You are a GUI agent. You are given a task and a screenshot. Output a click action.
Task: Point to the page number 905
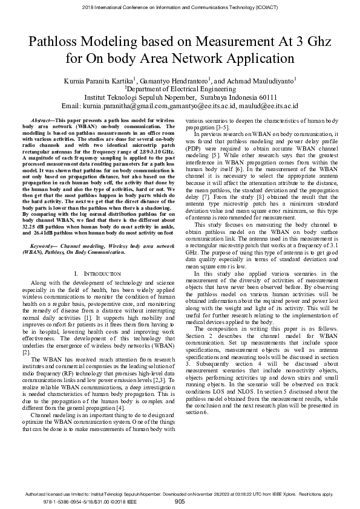(x=180, y=501)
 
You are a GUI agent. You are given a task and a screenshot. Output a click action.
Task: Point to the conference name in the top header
(x=180, y=7)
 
